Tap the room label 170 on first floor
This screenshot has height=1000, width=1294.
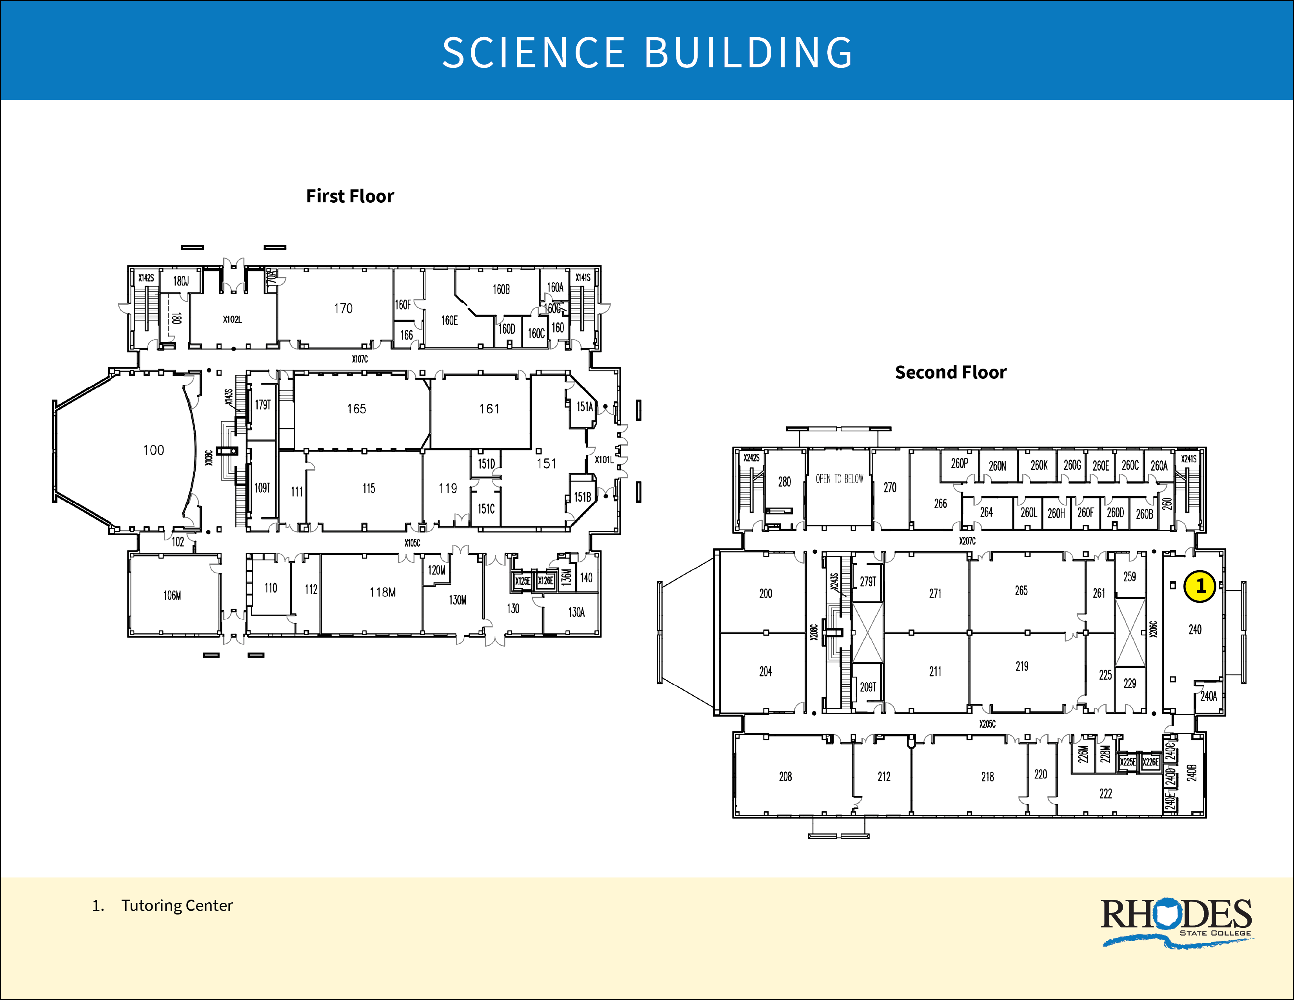pos(343,309)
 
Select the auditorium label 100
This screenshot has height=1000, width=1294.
pos(153,450)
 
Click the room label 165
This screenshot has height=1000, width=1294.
pos(357,409)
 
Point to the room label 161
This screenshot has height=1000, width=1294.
pos(489,409)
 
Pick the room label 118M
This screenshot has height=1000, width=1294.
pos(383,592)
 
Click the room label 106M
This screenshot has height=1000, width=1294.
pos(173,595)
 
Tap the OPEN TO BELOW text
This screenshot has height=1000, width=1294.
pos(840,479)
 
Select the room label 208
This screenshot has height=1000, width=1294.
pos(785,776)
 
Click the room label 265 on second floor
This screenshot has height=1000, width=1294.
pos(1021,591)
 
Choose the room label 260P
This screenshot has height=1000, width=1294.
pos(959,464)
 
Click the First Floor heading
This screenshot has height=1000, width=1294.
pos(349,196)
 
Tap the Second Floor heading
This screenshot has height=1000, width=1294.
pos(951,373)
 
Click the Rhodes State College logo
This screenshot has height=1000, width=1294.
pos(1176,921)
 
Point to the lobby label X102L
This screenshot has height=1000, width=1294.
pos(232,319)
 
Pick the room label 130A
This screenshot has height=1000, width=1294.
pos(576,613)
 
